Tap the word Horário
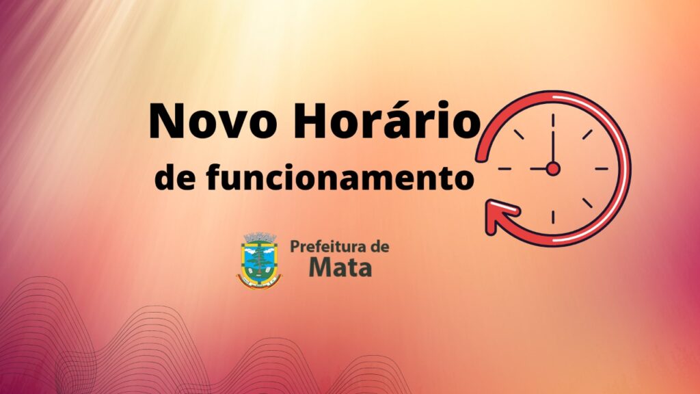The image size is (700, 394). tap(387, 119)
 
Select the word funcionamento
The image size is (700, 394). tap(339, 178)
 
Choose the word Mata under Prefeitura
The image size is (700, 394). tap(340, 267)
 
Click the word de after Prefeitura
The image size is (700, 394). tap(379, 246)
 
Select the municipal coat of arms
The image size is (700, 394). tap(259, 261)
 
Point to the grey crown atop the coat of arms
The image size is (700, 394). tap(259, 237)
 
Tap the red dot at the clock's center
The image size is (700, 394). tap(552, 169)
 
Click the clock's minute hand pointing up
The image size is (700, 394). tap(552, 147)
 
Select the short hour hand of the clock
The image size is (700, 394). tap(539, 169)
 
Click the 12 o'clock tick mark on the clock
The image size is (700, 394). tap(552, 120)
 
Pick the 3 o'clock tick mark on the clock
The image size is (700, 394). tap(602, 169)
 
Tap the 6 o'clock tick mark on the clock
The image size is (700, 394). tap(552, 218)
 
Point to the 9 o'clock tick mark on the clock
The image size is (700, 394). tap(504, 169)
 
